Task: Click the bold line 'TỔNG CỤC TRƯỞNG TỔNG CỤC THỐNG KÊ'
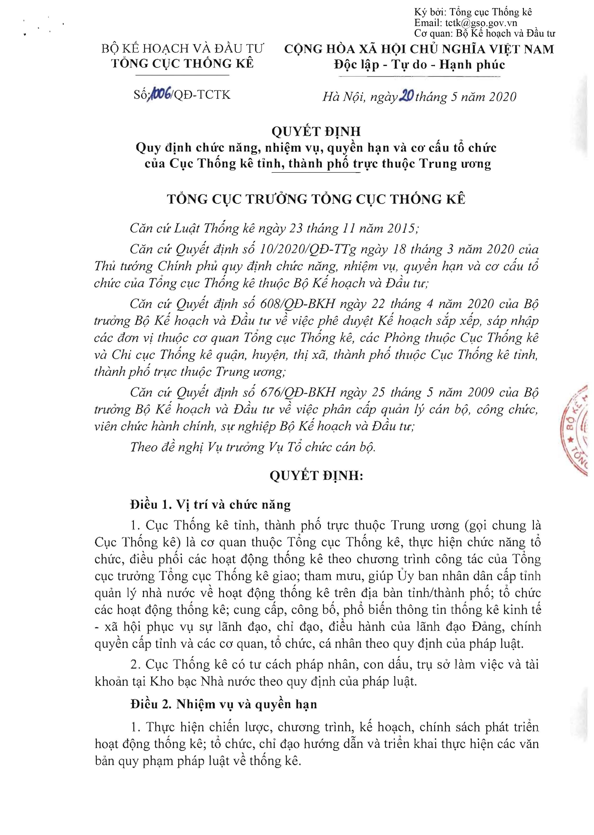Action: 316,199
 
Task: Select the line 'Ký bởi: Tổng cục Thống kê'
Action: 473,12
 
